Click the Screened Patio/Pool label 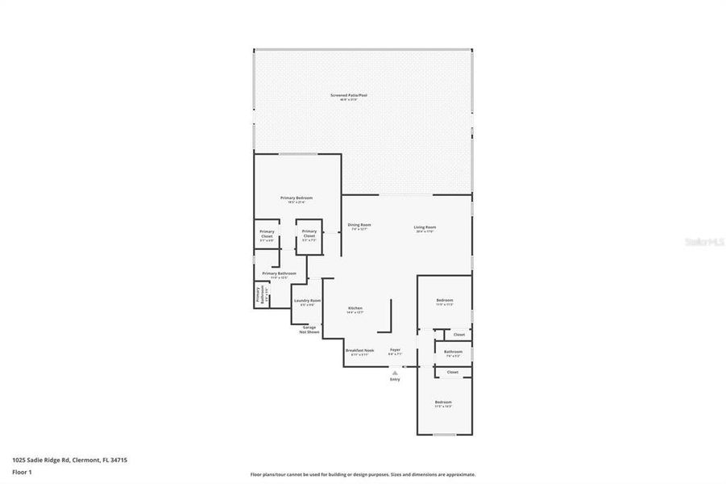[348, 96]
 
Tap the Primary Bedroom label [296, 198]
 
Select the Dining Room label [359, 225]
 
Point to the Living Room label [424, 227]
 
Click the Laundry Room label [307, 301]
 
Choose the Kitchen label [355, 308]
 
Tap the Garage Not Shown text [309, 329]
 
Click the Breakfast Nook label [359, 350]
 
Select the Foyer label [395, 350]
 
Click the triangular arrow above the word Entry [395, 373]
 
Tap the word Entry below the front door [395, 379]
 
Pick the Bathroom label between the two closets [453, 351]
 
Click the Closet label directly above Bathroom [458, 334]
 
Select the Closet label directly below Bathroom [452, 372]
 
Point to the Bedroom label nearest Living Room [444, 300]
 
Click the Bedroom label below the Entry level [443, 402]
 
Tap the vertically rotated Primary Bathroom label [259, 294]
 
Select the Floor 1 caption [23, 472]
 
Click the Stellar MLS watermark [703, 240]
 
